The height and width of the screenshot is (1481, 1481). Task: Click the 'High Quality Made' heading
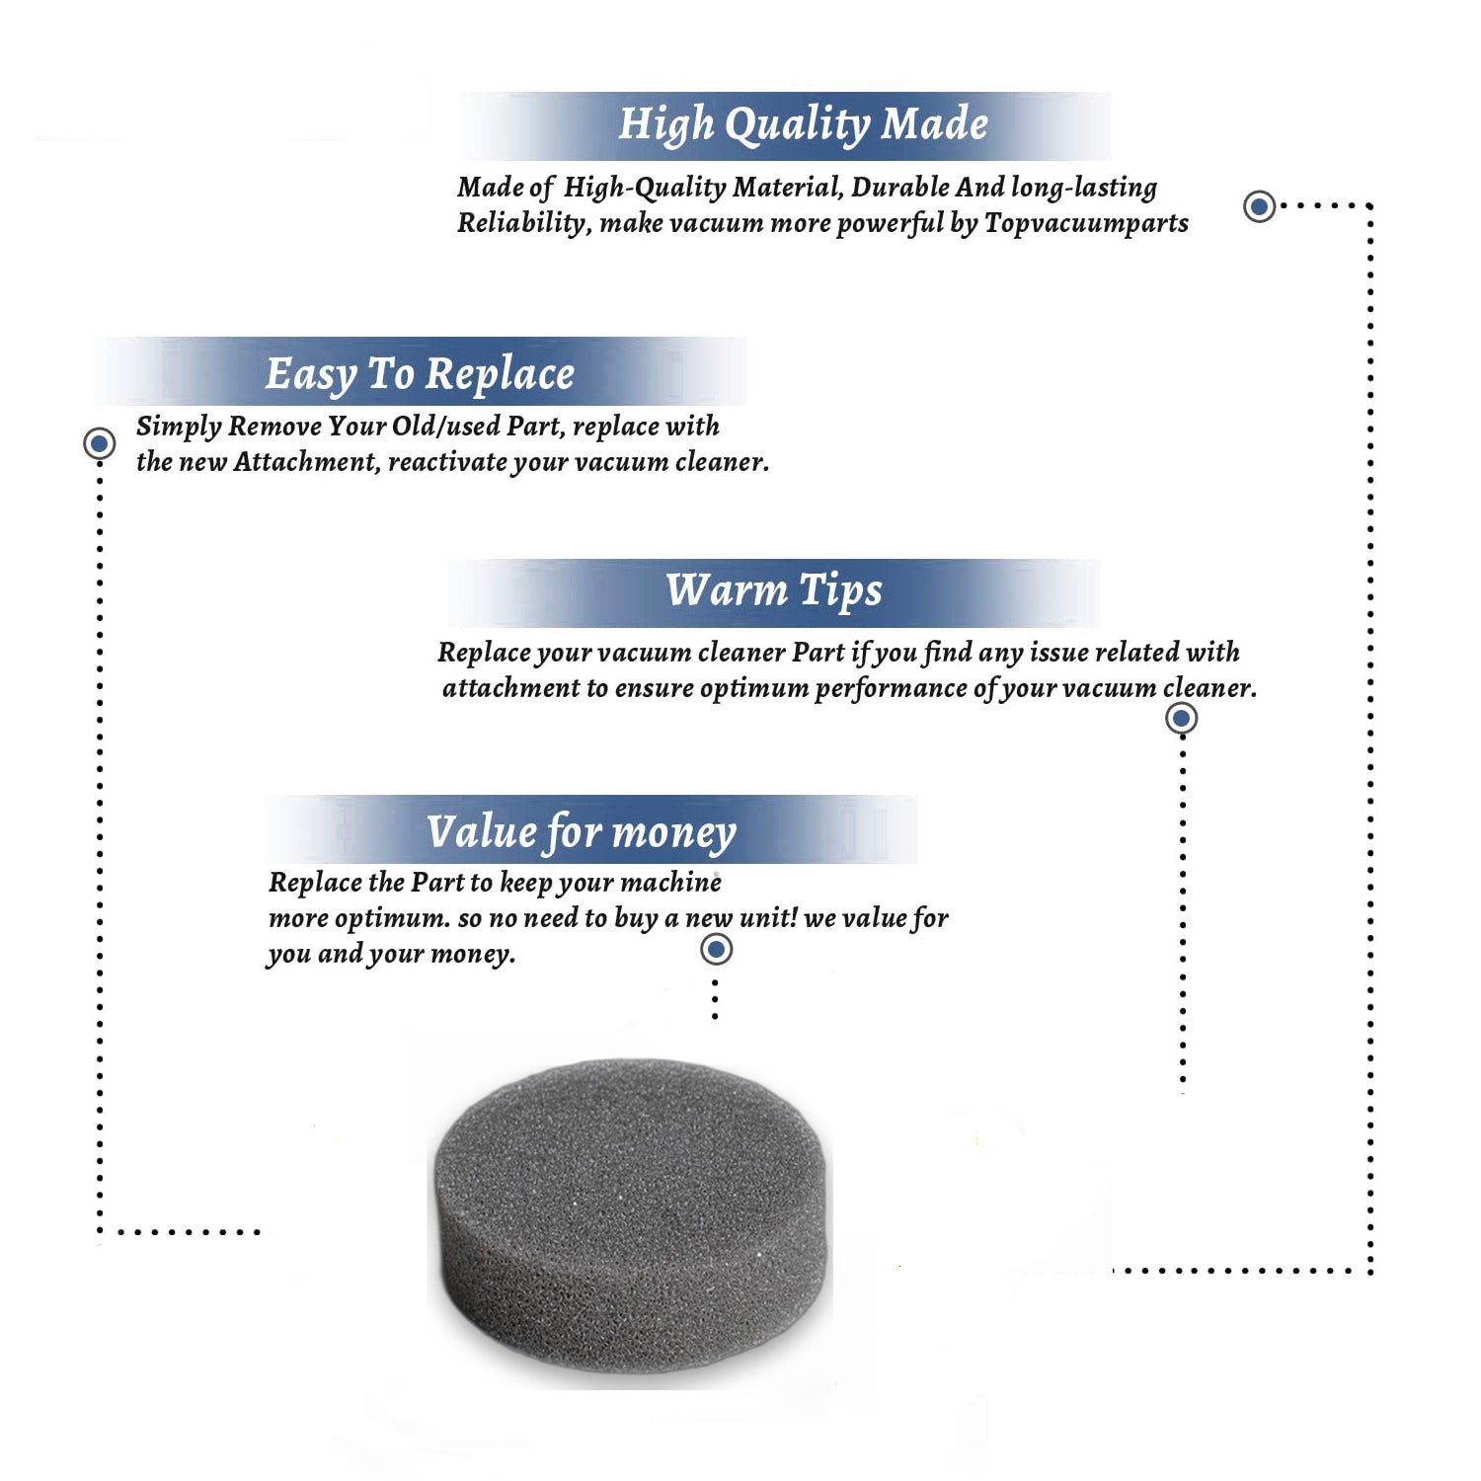pyautogui.click(x=803, y=125)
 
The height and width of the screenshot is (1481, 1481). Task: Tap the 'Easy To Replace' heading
pyautogui.click(x=420, y=375)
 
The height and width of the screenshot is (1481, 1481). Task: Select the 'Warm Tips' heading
pyautogui.click(x=774, y=591)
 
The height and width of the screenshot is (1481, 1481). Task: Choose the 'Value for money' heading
pyautogui.click(x=582, y=832)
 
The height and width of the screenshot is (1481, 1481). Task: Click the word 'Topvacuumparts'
pyautogui.click(x=1086, y=224)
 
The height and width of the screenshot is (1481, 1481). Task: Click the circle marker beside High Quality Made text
pyautogui.click(x=1259, y=206)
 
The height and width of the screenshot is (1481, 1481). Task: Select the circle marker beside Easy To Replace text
pyautogui.click(x=99, y=443)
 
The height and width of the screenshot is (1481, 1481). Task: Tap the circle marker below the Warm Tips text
pyautogui.click(x=1181, y=718)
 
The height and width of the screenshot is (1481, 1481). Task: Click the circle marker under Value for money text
pyautogui.click(x=716, y=950)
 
